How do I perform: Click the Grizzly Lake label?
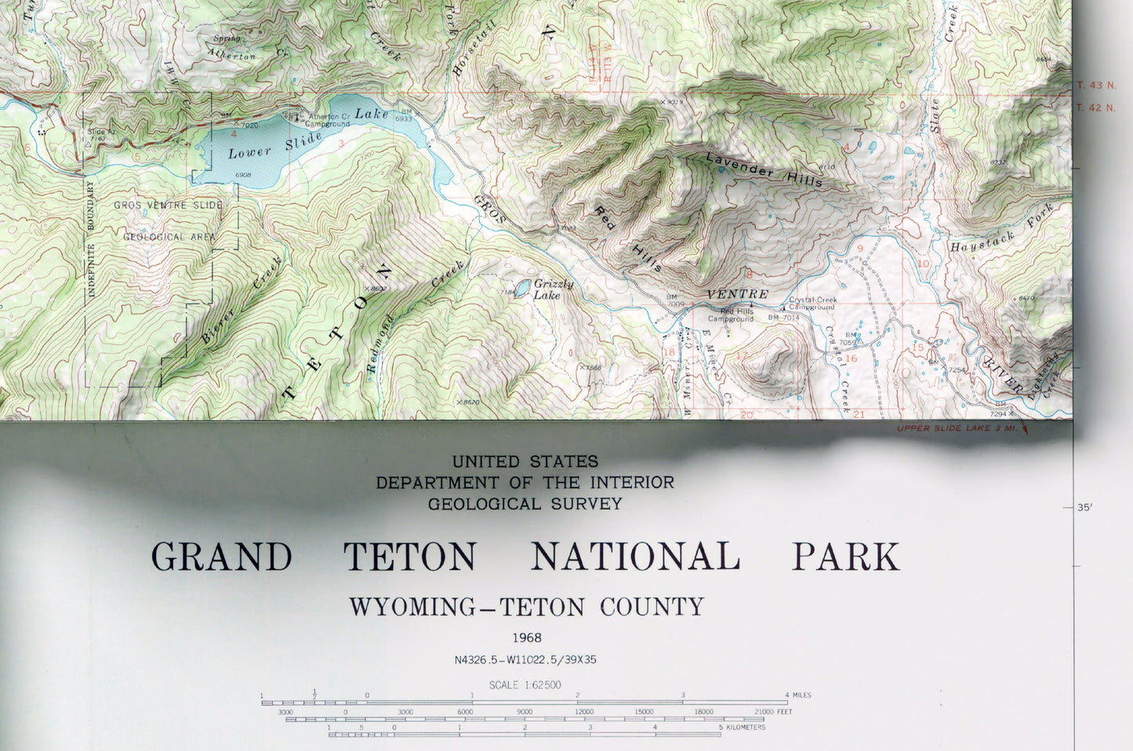pyautogui.click(x=553, y=289)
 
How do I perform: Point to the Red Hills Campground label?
pyautogui.click(x=731, y=315)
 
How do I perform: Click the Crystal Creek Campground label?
pyautogui.click(x=813, y=303)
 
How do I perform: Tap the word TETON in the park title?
pyautogui.click(x=410, y=557)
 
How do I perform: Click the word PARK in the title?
pyautogui.click(x=845, y=557)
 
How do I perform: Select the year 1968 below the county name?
pyautogui.click(x=526, y=638)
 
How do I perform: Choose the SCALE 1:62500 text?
pyautogui.click(x=525, y=685)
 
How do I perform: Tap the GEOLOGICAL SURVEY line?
pyautogui.click(x=525, y=504)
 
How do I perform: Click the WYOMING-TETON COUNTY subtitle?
pyautogui.click(x=526, y=607)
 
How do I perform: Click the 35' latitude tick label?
pyautogui.click(x=1084, y=508)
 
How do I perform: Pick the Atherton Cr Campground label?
pyautogui.click(x=327, y=120)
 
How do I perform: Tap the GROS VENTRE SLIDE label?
pyautogui.click(x=168, y=205)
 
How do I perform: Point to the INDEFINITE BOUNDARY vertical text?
pyautogui.click(x=91, y=238)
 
